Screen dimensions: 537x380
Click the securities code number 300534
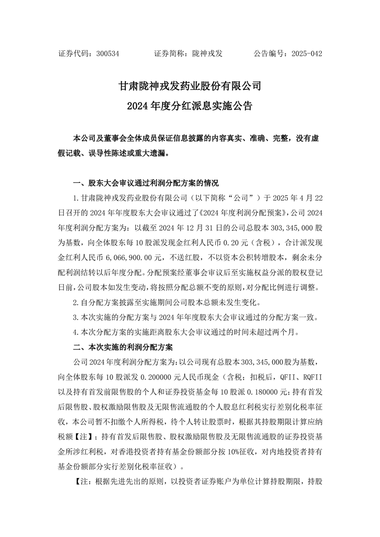point(108,54)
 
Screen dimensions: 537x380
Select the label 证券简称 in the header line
point(169,54)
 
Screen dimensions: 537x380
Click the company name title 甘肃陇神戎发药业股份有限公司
point(190,86)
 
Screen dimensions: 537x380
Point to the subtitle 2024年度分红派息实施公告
point(190,106)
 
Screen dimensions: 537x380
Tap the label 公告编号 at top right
point(270,54)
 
